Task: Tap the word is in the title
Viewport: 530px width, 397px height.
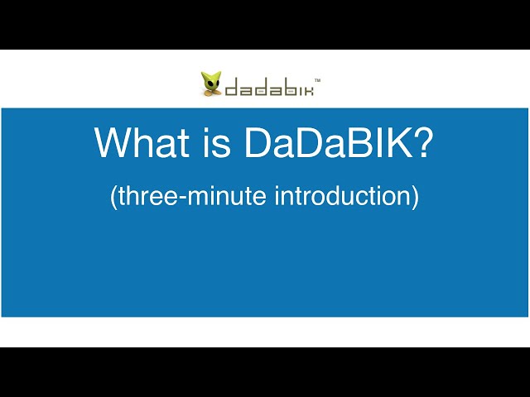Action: coord(217,143)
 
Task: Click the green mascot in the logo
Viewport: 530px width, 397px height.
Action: coord(210,84)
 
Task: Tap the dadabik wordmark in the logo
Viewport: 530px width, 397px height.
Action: coord(268,87)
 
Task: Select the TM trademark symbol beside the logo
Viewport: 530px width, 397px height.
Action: coord(318,80)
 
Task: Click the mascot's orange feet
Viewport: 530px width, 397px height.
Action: coord(210,93)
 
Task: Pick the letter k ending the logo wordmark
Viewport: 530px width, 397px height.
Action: coord(306,87)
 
